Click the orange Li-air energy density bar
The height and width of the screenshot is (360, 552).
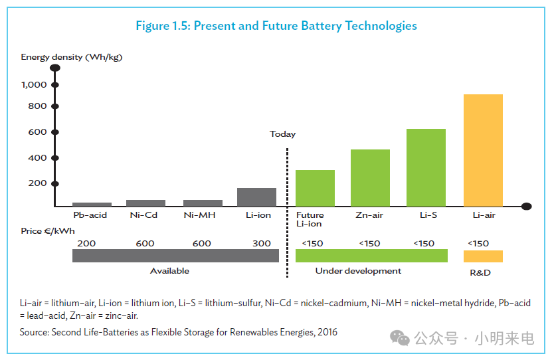(x=483, y=150)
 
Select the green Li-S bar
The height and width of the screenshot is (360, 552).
(x=426, y=167)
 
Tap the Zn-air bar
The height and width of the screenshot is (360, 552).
(x=370, y=178)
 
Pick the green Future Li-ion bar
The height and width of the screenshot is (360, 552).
(x=315, y=188)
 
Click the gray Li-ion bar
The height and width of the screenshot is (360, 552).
(x=256, y=197)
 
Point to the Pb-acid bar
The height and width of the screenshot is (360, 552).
(x=92, y=205)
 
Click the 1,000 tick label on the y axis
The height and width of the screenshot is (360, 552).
(x=34, y=85)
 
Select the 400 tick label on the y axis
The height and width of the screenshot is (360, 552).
(x=37, y=157)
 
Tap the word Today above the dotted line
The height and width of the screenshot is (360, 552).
(x=283, y=134)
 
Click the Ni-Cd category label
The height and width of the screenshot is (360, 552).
(x=143, y=215)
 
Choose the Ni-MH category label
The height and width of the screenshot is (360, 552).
(x=199, y=215)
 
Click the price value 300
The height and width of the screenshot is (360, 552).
(x=262, y=244)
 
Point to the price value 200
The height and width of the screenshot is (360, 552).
(x=86, y=244)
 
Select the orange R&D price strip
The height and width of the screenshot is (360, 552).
(x=483, y=256)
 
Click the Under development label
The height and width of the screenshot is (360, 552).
(x=358, y=271)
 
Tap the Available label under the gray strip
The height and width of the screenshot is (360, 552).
(x=169, y=271)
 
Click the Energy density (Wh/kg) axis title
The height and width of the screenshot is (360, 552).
(x=72, y=57)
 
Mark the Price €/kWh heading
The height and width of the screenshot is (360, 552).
(x=48, y=231)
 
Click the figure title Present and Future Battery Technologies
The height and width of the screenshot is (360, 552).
(x=305, y=26)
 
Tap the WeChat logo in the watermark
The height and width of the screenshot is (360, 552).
(x=400, y=338)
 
